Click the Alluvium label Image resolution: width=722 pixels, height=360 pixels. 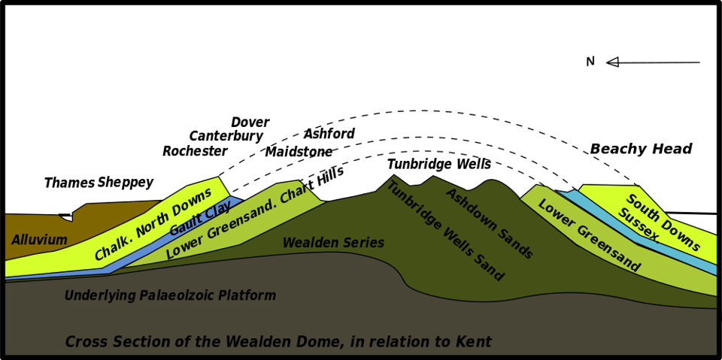pyautogui.click(x=39, y=241)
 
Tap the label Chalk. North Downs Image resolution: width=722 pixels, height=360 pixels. pyautogui.click(x=153, y=224)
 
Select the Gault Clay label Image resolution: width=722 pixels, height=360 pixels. pyautogui.click(x=201, y=219)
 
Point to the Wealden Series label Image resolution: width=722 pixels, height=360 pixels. pyautogui.click(x=333, y=244)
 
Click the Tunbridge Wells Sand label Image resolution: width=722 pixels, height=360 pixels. pyautogui.click(x=444, y=231)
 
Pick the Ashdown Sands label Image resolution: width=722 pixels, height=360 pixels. pyautogui.click(x=489, y=223)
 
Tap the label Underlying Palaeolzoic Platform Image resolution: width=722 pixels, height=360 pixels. pyautogui.click(x=170, y=296)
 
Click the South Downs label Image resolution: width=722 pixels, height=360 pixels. pyautogui.click(x=663, y=222)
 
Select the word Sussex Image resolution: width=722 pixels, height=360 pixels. pyautogui.click(x=639, y=225)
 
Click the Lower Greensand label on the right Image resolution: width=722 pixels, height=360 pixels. pyautogui.click(x=588, y=235)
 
